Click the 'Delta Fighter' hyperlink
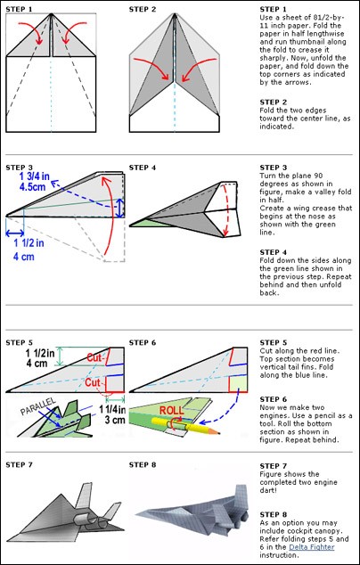[x=312, y=547]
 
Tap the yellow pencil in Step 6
[x=185, y=425]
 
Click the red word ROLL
[x=171, y=410]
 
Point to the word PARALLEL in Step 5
[x=38, y=406]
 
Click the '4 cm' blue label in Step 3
[x=24, y=257]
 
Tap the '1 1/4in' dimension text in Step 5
[x=112, y=409]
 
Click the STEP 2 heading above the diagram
[x=143, y=10]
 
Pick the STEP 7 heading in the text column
[x=274, y=466]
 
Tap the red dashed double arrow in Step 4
[x=228, y=210]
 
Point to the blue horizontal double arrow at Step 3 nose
[x=15, y=233]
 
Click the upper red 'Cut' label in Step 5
[x=95, y=358]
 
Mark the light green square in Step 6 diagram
[x=239, y=383]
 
